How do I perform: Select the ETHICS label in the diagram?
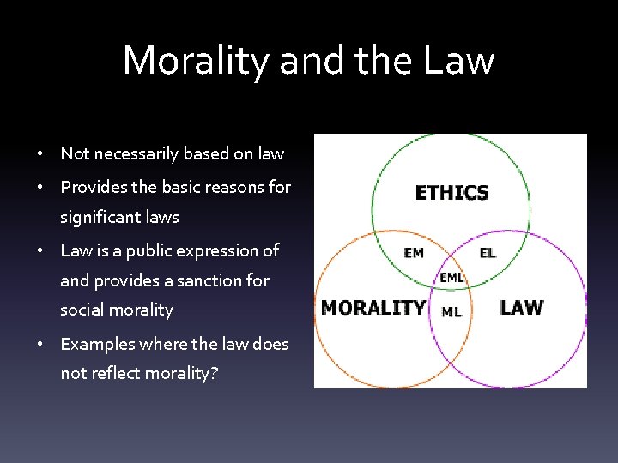pos(451,193)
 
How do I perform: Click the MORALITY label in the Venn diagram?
pos(373,307)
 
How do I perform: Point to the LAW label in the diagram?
pos(521,307)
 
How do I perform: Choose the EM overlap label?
pos(413,253)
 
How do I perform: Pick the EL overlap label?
pos(487,253)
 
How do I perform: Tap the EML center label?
pos(451,277)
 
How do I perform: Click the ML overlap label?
pos(451,311)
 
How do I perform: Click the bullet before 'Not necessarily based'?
pos(41,155)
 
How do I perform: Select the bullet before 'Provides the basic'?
pos(41,188)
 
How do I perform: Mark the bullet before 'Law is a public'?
pos(41,252)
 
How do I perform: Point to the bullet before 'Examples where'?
pos(41,345)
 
